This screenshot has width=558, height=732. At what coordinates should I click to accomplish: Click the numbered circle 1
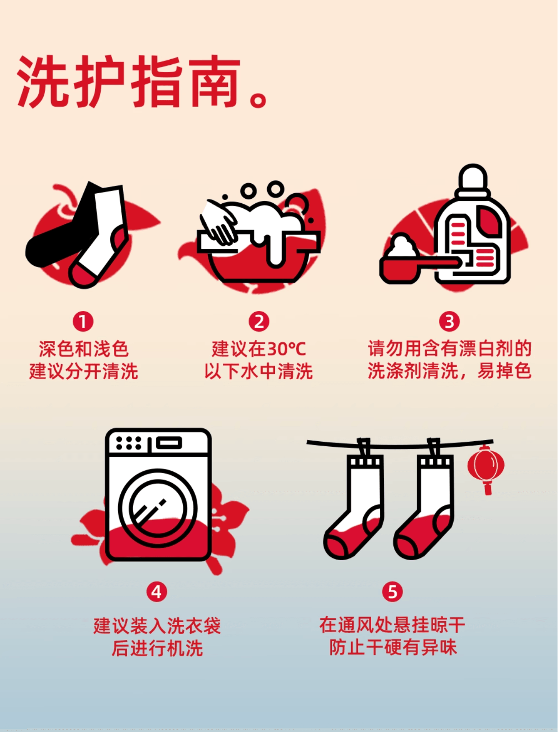point(83,321)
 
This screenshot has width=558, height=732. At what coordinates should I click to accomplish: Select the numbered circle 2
point(258,321)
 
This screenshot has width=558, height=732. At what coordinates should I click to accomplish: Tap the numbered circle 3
point(449,321)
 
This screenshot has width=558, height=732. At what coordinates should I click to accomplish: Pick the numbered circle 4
point(156,592)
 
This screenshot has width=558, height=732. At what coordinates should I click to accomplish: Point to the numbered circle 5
point(392,592)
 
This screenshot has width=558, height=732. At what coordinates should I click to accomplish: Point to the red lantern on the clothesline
point(486,467)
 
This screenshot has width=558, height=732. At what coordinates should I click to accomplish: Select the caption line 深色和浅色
point(83,350)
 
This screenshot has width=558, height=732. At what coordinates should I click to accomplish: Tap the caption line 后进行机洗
point(157,648)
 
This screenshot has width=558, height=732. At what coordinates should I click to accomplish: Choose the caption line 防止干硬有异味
point(393,647)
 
